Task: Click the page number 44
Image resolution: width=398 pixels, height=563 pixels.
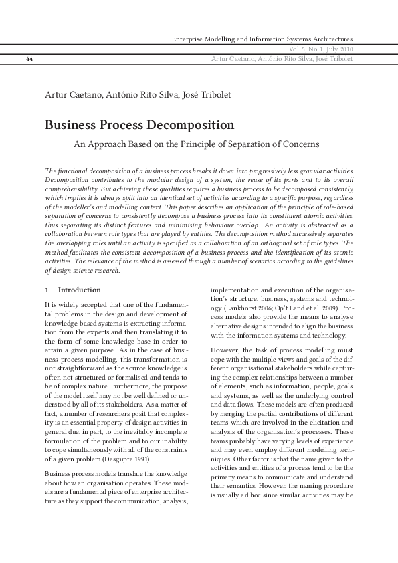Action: pos(29,59)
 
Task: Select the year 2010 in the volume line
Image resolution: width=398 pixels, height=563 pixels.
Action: pos(346,49)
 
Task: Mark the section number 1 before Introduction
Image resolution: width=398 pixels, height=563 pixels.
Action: pos(47,290)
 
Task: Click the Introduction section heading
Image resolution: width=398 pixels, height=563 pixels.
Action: pos(80,290)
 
